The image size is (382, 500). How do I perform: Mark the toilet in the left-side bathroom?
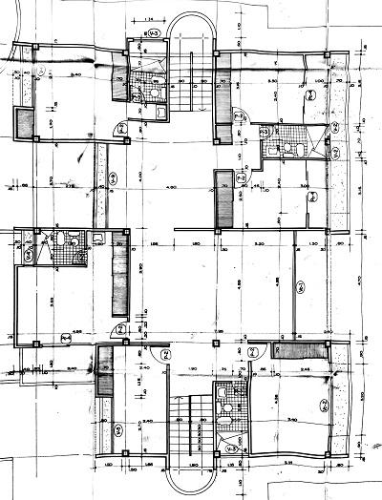click(62, 240)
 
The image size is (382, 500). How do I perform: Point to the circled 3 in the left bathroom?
click(29, 256)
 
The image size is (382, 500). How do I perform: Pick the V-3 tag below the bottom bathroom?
click(230, 445)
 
